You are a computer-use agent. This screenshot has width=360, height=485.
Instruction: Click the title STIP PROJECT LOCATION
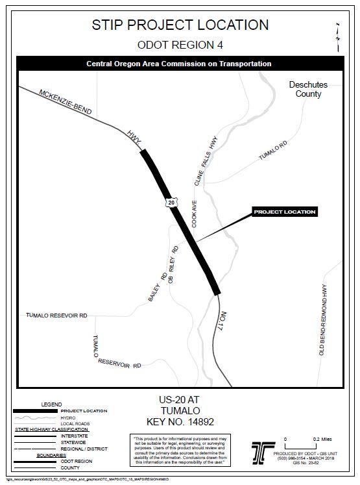[180, 25]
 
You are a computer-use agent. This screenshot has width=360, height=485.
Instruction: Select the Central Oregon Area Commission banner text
[179, 64]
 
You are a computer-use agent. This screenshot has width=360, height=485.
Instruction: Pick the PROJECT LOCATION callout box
[285, 212]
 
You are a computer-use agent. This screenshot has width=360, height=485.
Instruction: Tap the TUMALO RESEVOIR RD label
[56, 316]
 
